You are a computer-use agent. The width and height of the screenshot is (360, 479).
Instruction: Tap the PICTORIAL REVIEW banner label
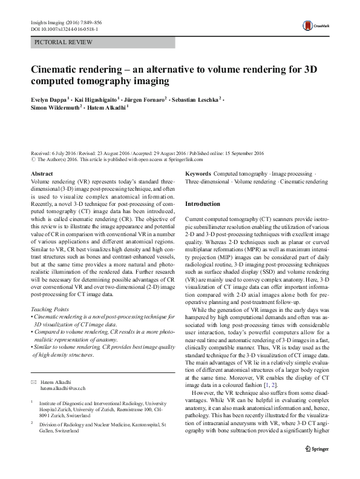coord(63,42)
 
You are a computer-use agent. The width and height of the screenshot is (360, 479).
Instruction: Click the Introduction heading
coord(202,204)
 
